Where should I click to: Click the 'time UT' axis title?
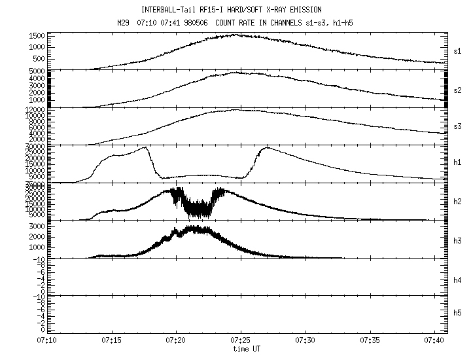(x=247, y=349)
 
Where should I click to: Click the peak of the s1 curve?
(x=237, y=35)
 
